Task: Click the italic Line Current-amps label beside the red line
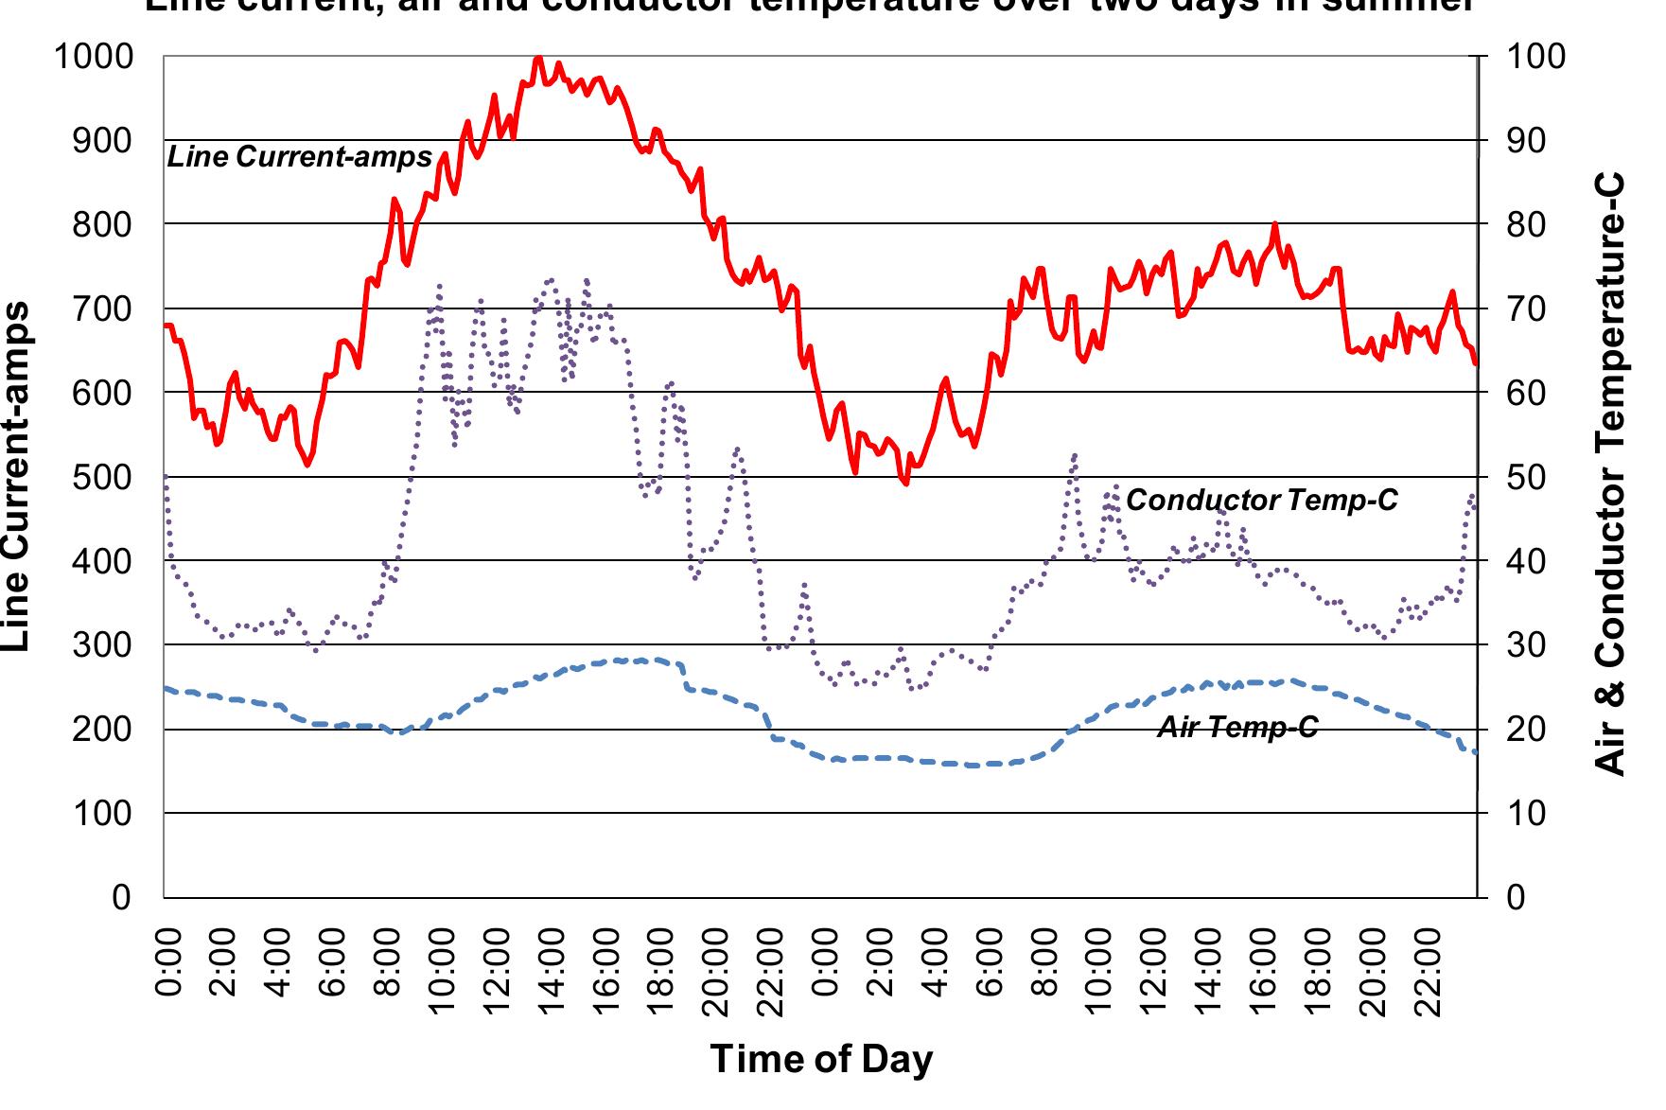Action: [x=299, y=157]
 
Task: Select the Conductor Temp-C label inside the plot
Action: [x=1261, y=500]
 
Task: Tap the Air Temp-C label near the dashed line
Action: [x=1237, y=727]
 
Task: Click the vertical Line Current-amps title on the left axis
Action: [x=17, y=477]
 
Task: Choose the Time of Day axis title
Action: [x=821, y=1059]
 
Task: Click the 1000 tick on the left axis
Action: [x=93, y=57]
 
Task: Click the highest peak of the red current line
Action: [x=538, y=58]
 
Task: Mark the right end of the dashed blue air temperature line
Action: [x=1475, y=752]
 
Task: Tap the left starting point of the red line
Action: [x=166, y=326]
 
